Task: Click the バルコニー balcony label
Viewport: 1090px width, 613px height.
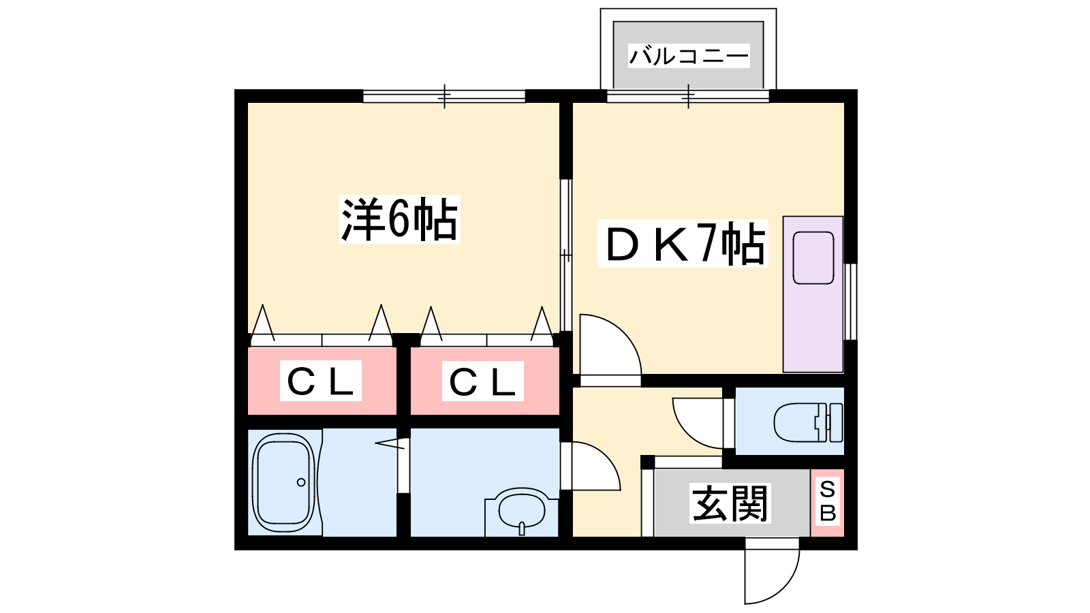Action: (689, 56)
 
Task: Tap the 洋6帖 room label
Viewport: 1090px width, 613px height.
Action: (399, 219)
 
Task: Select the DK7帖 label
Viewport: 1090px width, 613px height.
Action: (683, 243)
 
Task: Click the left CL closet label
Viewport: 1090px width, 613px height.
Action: (320, 381)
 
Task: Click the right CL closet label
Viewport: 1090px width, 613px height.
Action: (482, 381)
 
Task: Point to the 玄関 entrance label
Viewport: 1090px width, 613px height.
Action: (730, 503)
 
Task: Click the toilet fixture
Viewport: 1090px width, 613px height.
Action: (808, 422)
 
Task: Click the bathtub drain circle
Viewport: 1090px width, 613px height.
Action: (301, 482)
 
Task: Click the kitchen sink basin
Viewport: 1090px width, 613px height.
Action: (813, 258)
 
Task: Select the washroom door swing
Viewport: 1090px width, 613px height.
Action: (591, 466)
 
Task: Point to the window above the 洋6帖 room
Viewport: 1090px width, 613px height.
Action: (444, 96)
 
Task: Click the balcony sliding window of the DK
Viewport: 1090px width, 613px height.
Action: (688, 96)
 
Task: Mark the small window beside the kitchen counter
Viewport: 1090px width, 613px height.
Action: (851, 302)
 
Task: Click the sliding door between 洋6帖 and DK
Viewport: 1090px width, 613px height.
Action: (566, 255)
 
